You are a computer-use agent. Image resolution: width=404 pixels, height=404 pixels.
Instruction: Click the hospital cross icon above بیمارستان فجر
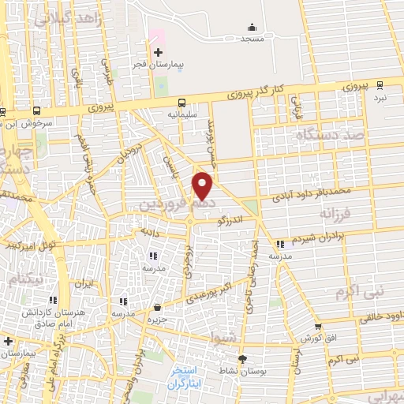pyautogui.click(x=158, y=51)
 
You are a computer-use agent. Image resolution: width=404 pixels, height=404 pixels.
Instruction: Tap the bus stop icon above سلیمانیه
pyautogui.click(x=183, y=102)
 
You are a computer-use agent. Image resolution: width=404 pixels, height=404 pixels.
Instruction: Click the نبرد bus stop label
pyautogui.click(x=380, y=96)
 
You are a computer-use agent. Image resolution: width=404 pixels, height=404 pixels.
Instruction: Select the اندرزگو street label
pyautogui.click(x=234, y=223)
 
